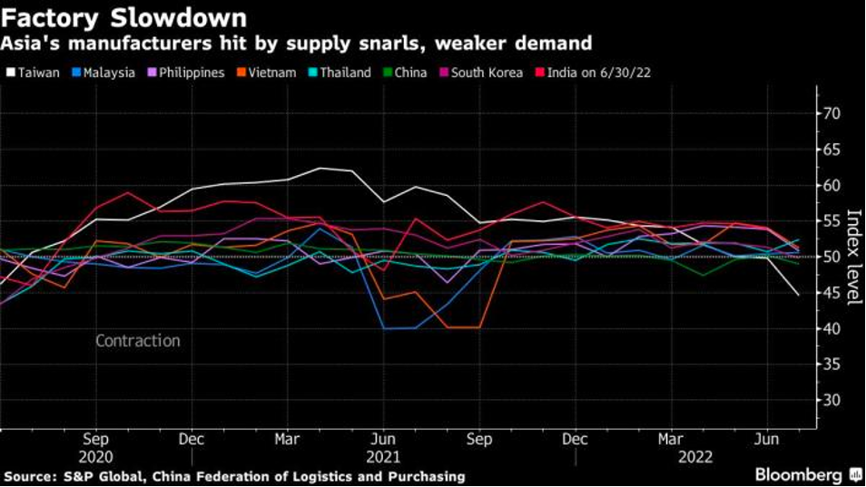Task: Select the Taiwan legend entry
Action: pos(34,73)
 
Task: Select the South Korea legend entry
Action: pos(480,73)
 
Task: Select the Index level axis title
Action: pos(853,257)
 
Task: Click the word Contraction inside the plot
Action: pos(138,341)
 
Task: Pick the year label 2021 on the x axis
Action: pos(383,458)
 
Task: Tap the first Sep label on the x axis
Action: pos(96,439)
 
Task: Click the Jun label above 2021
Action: pos(383,439)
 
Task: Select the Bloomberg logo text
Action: pos(799,475)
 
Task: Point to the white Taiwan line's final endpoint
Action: pos(798,295)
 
